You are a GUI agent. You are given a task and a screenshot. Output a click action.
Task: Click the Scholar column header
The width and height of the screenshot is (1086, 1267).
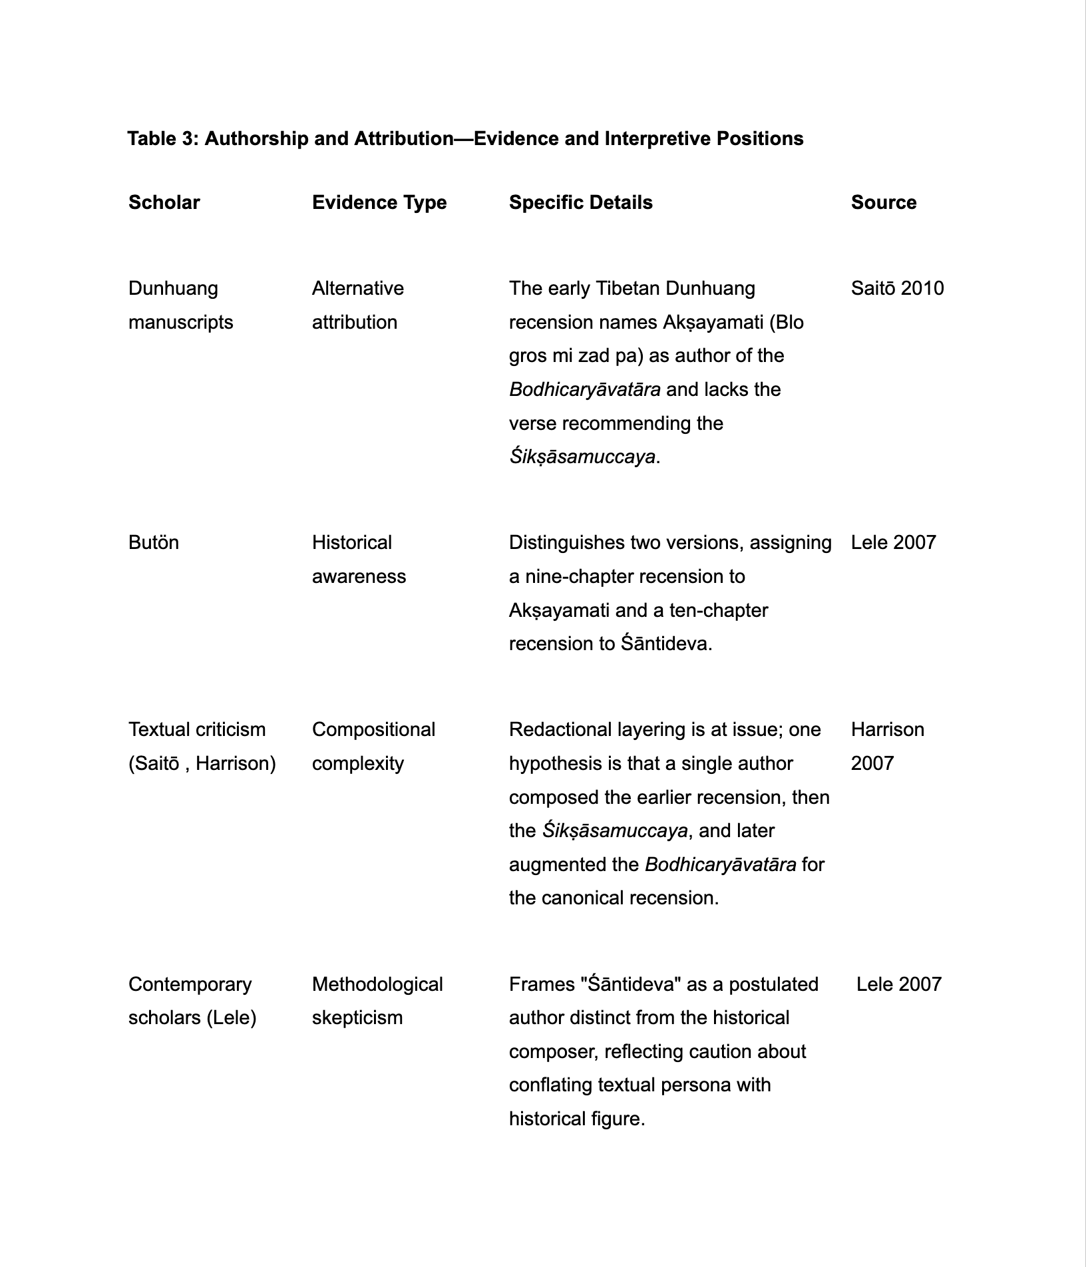point(164,202)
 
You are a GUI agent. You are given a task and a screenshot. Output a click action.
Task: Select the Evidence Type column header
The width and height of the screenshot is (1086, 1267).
point(379,202)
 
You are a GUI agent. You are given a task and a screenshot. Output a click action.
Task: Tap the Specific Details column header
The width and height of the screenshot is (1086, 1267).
point(580,202)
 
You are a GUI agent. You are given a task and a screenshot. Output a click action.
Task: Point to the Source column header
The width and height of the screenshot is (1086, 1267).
point(883,202)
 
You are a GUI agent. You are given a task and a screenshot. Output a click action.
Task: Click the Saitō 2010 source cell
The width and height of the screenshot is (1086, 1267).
point(897,288)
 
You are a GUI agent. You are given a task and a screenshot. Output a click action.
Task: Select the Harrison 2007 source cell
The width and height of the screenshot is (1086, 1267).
point(887,746)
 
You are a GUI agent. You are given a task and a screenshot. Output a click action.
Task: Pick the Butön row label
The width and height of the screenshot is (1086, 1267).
point(154,542)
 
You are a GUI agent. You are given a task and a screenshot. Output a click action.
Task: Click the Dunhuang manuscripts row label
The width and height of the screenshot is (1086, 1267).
point(180,305)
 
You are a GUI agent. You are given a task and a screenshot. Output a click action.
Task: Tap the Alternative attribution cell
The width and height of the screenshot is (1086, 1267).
point(357,305)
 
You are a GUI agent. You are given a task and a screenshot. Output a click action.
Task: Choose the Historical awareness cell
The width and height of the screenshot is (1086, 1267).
point(358,559)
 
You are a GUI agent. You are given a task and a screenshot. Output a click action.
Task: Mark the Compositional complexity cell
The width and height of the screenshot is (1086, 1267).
point(373,746)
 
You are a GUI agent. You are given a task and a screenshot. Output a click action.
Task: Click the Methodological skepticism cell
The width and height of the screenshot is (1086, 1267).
point(377,1000)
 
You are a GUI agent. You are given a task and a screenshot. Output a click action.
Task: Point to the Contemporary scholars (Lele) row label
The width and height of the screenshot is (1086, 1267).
point(192,1000)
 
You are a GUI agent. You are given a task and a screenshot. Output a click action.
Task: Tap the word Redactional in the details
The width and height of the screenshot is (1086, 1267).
point(558,729)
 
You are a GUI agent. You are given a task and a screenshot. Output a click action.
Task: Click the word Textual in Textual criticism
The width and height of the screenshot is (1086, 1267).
point(159,729)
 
